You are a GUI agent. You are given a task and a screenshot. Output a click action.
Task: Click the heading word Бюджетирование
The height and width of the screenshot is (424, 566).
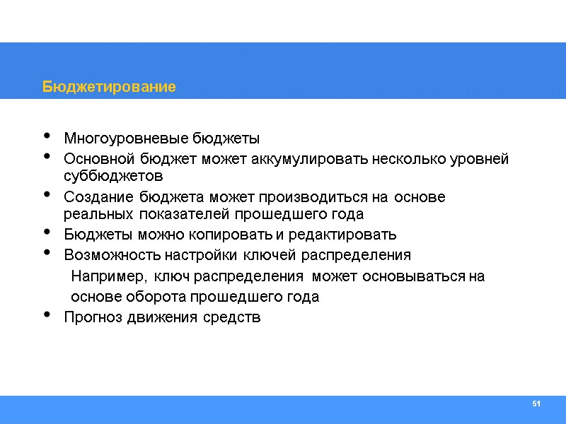(109, 87)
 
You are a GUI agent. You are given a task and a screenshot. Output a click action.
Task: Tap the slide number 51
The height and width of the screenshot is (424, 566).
(536, 404)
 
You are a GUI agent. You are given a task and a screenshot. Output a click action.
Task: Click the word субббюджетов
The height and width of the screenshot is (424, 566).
(113, 175)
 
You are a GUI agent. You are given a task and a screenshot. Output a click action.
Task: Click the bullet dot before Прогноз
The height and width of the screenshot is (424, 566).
(47, 315)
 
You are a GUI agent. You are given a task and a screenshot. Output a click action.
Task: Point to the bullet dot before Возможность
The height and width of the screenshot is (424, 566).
(47, 252)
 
